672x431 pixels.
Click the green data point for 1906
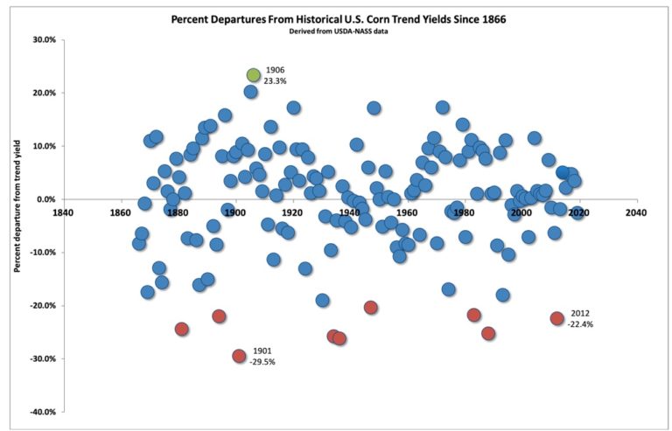pos(254,75)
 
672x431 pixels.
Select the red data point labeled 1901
pos(239,356)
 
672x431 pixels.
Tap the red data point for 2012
pos(557,318)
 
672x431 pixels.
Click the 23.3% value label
pos(275,80)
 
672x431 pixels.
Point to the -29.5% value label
pos(263,360)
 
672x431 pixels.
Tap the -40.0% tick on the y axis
pos(42,412)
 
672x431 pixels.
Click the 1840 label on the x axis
pos(63,212)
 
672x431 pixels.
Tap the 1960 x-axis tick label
pos(407,212)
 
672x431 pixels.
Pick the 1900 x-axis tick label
pos(234,212)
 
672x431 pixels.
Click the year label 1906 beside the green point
pos(275,70)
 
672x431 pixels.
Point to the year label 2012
pos(580,313)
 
